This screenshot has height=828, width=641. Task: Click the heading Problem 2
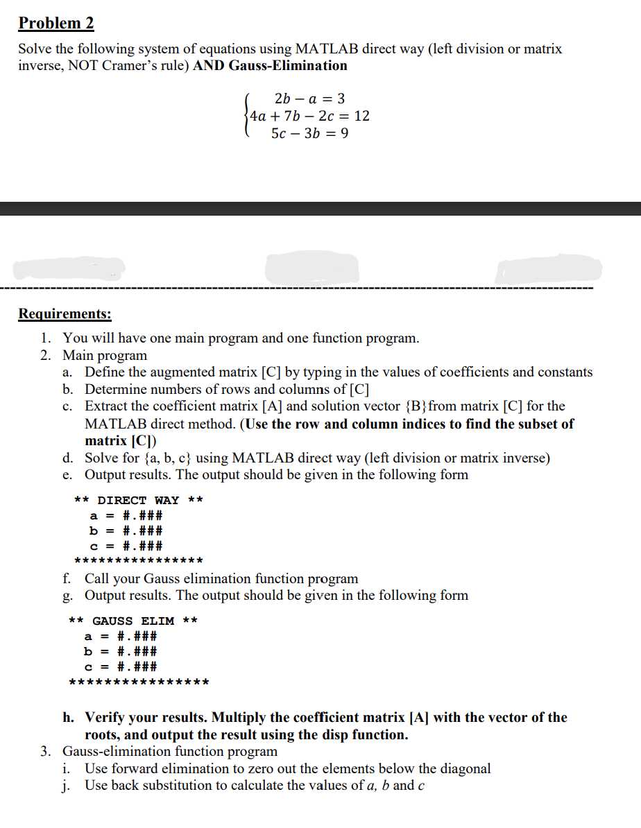coord(56,23)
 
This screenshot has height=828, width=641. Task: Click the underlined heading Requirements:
coord(65,313)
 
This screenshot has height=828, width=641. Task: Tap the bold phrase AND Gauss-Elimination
coord(271,66)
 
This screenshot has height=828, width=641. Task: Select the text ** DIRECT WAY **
coord(138,500)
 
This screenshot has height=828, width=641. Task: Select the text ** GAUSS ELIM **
coord(133,621)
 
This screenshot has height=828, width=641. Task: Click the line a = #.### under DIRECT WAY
coord(126,515)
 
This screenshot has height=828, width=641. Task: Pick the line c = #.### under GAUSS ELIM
coord(121,667)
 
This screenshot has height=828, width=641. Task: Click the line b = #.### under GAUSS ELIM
coord(121,651)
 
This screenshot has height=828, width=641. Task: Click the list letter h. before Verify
coord(69,718)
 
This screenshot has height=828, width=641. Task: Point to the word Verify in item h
coord(105,718)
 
